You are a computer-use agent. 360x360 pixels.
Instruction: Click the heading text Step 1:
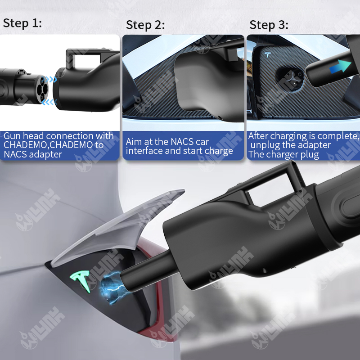click(x=22, y=23)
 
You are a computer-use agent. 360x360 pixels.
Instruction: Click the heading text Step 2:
click(x=145, y=25)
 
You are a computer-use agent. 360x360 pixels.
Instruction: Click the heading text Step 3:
click(x=269, y=25)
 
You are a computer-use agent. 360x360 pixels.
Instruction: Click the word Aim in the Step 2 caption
click(x=135, y=142)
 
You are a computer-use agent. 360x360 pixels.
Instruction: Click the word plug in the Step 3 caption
click(x=309, y=155)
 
